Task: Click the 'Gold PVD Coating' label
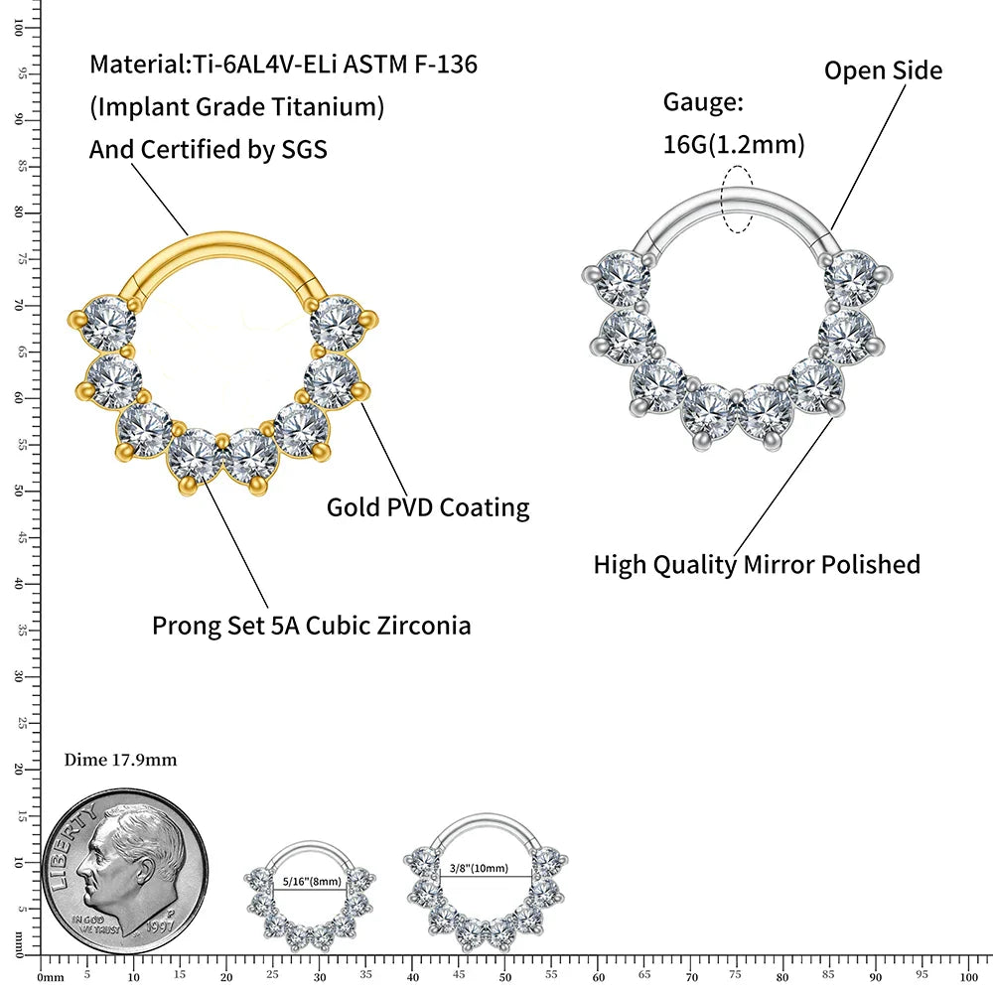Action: tap(428, 507)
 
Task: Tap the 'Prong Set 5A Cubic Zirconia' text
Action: tap(311, 626)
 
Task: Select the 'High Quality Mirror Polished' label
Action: tap(757, 565)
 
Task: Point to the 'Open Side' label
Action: tap(883, 71)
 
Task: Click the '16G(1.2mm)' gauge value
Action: tap(734, 145)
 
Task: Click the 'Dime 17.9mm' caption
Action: tap(120, 760)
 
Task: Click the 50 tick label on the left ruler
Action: tap(20, 491)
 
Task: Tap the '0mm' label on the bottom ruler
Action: tap(50, 977)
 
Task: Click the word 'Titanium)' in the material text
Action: tap(334, 106)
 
